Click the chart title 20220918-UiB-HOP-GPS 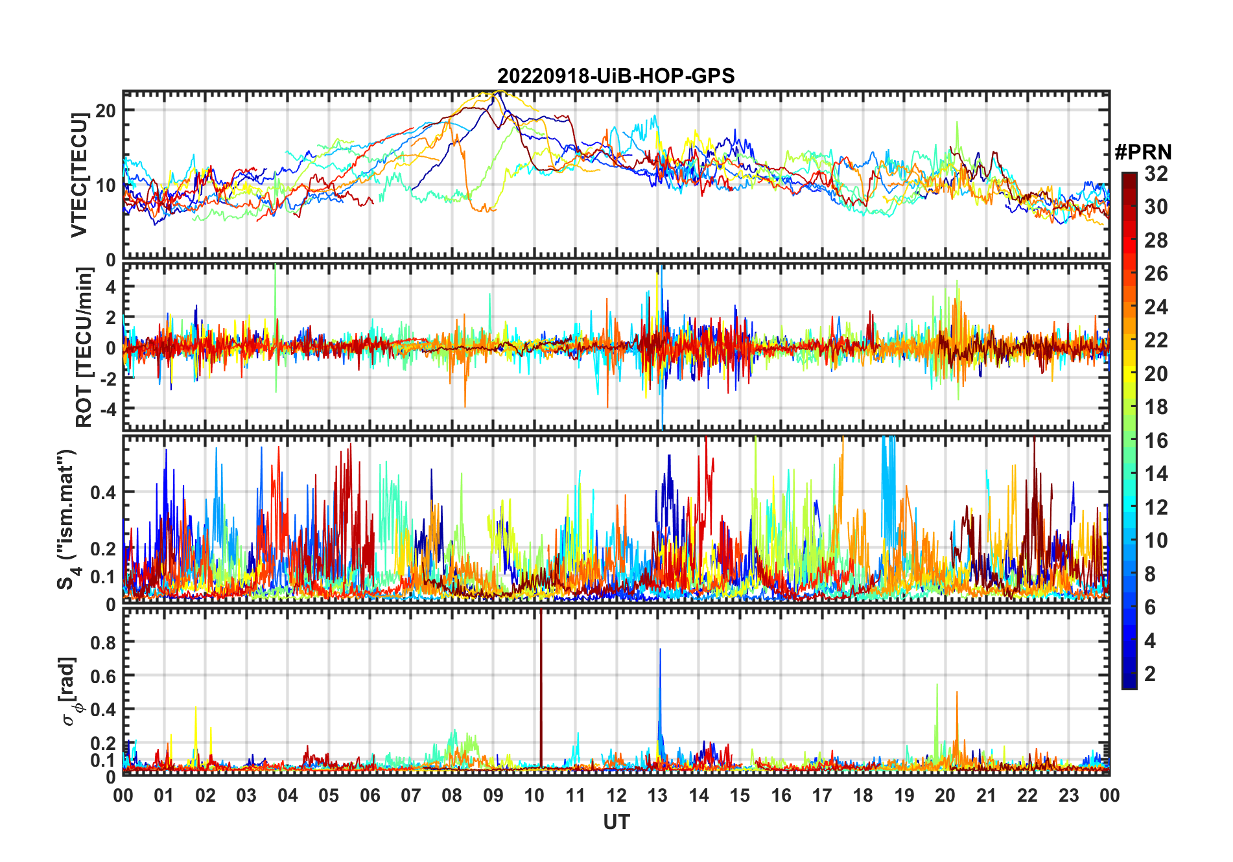click(616, 76)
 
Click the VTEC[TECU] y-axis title click(79, 175)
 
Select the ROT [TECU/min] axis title click(84, 347)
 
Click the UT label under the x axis click(616, 822)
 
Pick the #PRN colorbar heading click(1143, 152)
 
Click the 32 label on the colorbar click(1156, 174)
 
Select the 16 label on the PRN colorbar click(1156, 441)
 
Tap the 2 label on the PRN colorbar click(1150, 674)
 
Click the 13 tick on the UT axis click(657, 795)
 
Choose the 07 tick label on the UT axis click(411, 795)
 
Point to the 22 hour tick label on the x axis click(1027, 795)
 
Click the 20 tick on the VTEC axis click(106, 110)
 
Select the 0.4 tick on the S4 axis click(102, 492)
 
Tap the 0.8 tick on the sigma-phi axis click(102, 642)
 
